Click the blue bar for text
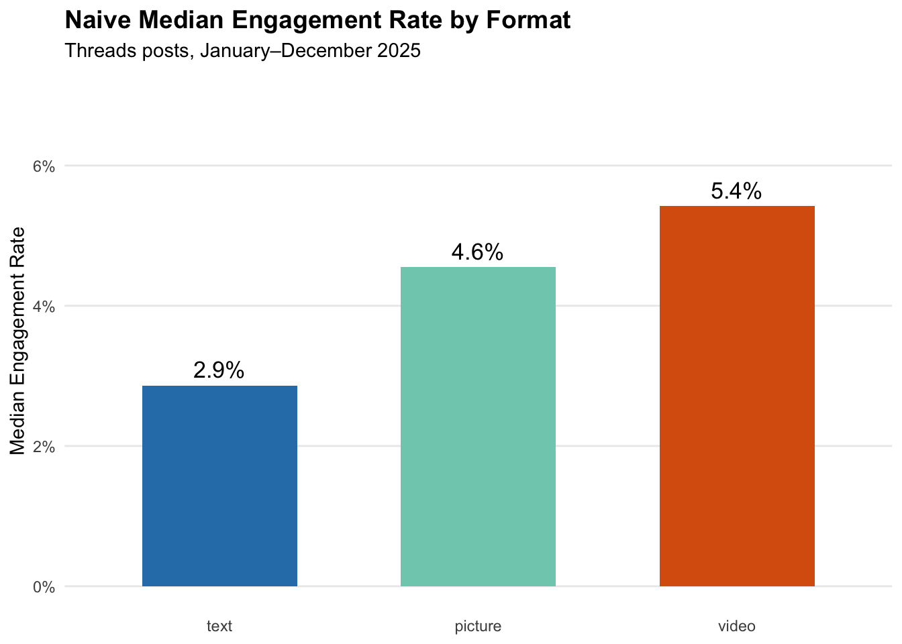tap(219, 486)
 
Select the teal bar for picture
tap(478, 427)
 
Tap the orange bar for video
tap(737, 396)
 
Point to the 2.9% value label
tap(219, 370)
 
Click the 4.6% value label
tap(477, 252)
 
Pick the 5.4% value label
tap(736, 192)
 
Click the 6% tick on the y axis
tap(44, 166)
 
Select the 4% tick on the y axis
tap(44, 307)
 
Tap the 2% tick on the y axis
tap(44, 447)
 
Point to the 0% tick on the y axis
tap(44, 587)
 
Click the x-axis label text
tap(219, 627)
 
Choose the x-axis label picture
tap(478, 627)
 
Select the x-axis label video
tap(737, 627)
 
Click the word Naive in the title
tap(93, 21)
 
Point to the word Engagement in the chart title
tap(289, 21)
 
